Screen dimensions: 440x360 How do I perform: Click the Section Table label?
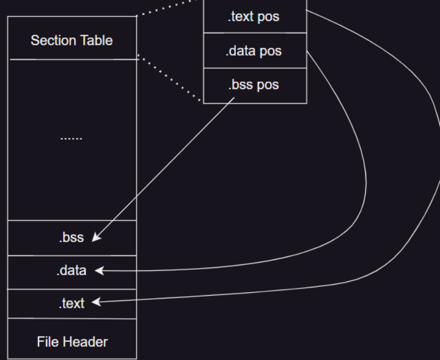pyautogui.click(x=71, y=40)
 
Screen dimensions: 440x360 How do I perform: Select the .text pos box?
pyautogui.click(x=255, y=17)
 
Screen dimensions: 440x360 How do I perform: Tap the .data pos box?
pyautogui.click(x=255, y=51)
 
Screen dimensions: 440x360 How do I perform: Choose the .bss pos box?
pyautogui.click(x=255, y=85)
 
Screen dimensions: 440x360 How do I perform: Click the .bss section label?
pyautogui.click(x=72, y=238)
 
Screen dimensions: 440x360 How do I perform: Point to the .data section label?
pyautogui.click(x=71, y=271)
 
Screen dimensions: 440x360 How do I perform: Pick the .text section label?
pyautogui.click(x=71, y=303)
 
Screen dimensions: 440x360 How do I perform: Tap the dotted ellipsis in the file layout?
pyautogui.click(x=71, y=138)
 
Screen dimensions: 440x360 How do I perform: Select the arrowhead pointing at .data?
pyautogui.click(x=100, y=270)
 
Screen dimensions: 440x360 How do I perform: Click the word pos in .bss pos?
pyautogui.click(x=267, y=85)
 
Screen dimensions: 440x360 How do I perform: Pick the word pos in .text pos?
pyautogui.click(x=268, y=17)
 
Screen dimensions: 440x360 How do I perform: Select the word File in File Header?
pyautogui.click(x=47, y=341)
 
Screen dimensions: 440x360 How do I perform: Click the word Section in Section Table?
pyautogui.click(x=53, y=40)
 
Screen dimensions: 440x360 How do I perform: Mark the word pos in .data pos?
pyautogui.click(x=270, y=51)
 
